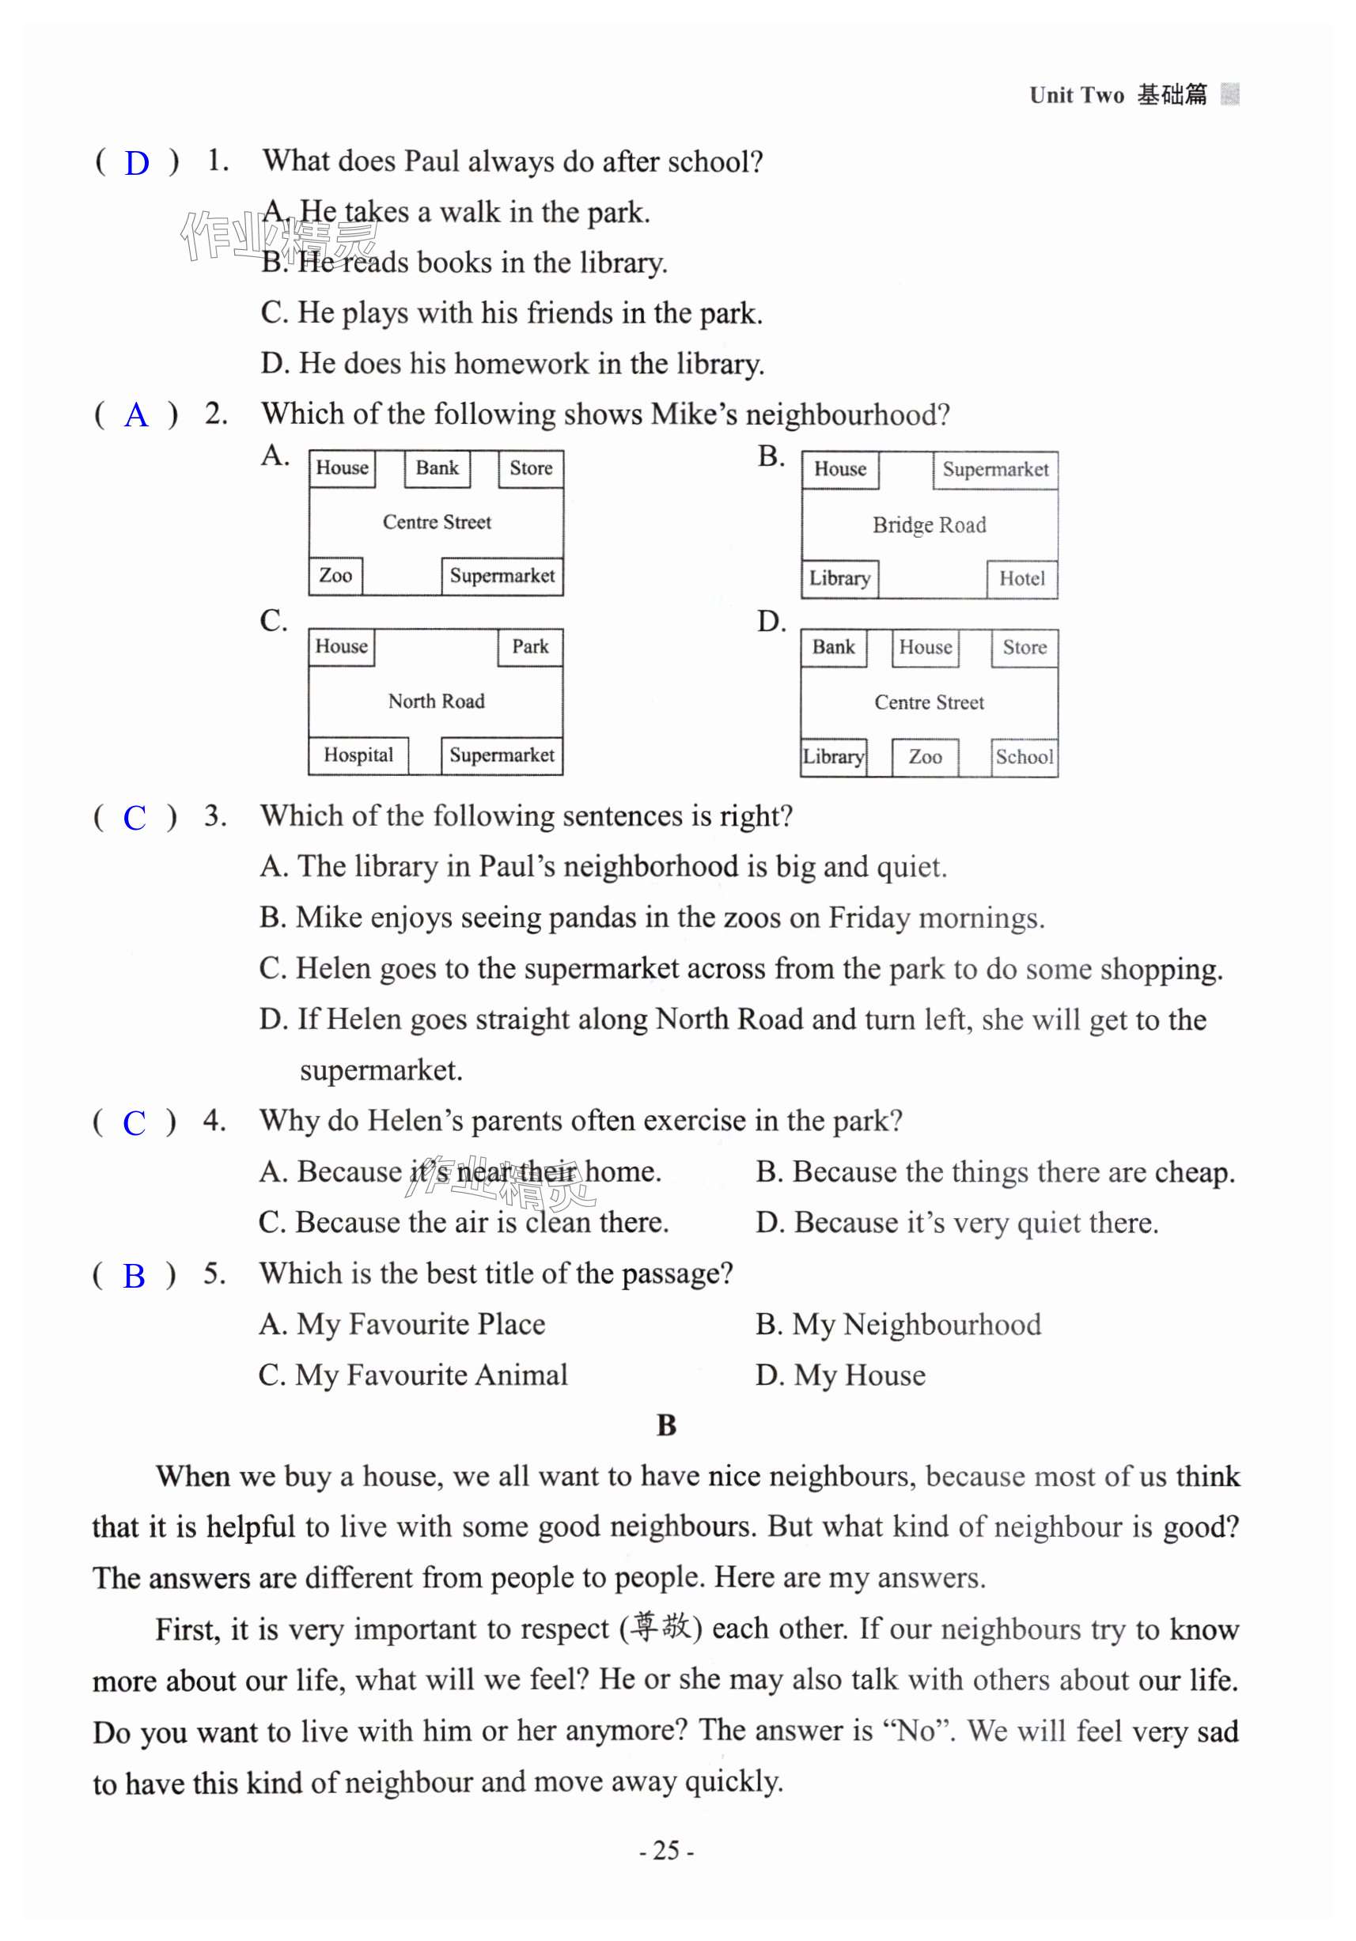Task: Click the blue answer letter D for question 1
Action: (136, 163)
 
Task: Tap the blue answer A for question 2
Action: (135, 415)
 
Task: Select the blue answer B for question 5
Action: (134, 1276)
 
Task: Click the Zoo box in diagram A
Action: (335, 576)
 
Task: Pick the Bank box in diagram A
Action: (436, 468)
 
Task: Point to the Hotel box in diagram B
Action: (1021, 579)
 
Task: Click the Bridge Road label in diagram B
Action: (928, 525)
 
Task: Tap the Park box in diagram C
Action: (530, 647)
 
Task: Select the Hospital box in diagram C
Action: (358, 755)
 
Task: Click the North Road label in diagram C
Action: (436, 701)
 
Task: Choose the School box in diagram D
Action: (1024, 757)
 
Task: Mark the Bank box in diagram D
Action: (834, 648)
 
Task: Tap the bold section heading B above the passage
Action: (666, 1425)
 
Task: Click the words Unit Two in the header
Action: (1076, 96)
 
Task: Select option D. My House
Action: (840, 1375)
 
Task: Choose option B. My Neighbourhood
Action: (898, 1325)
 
